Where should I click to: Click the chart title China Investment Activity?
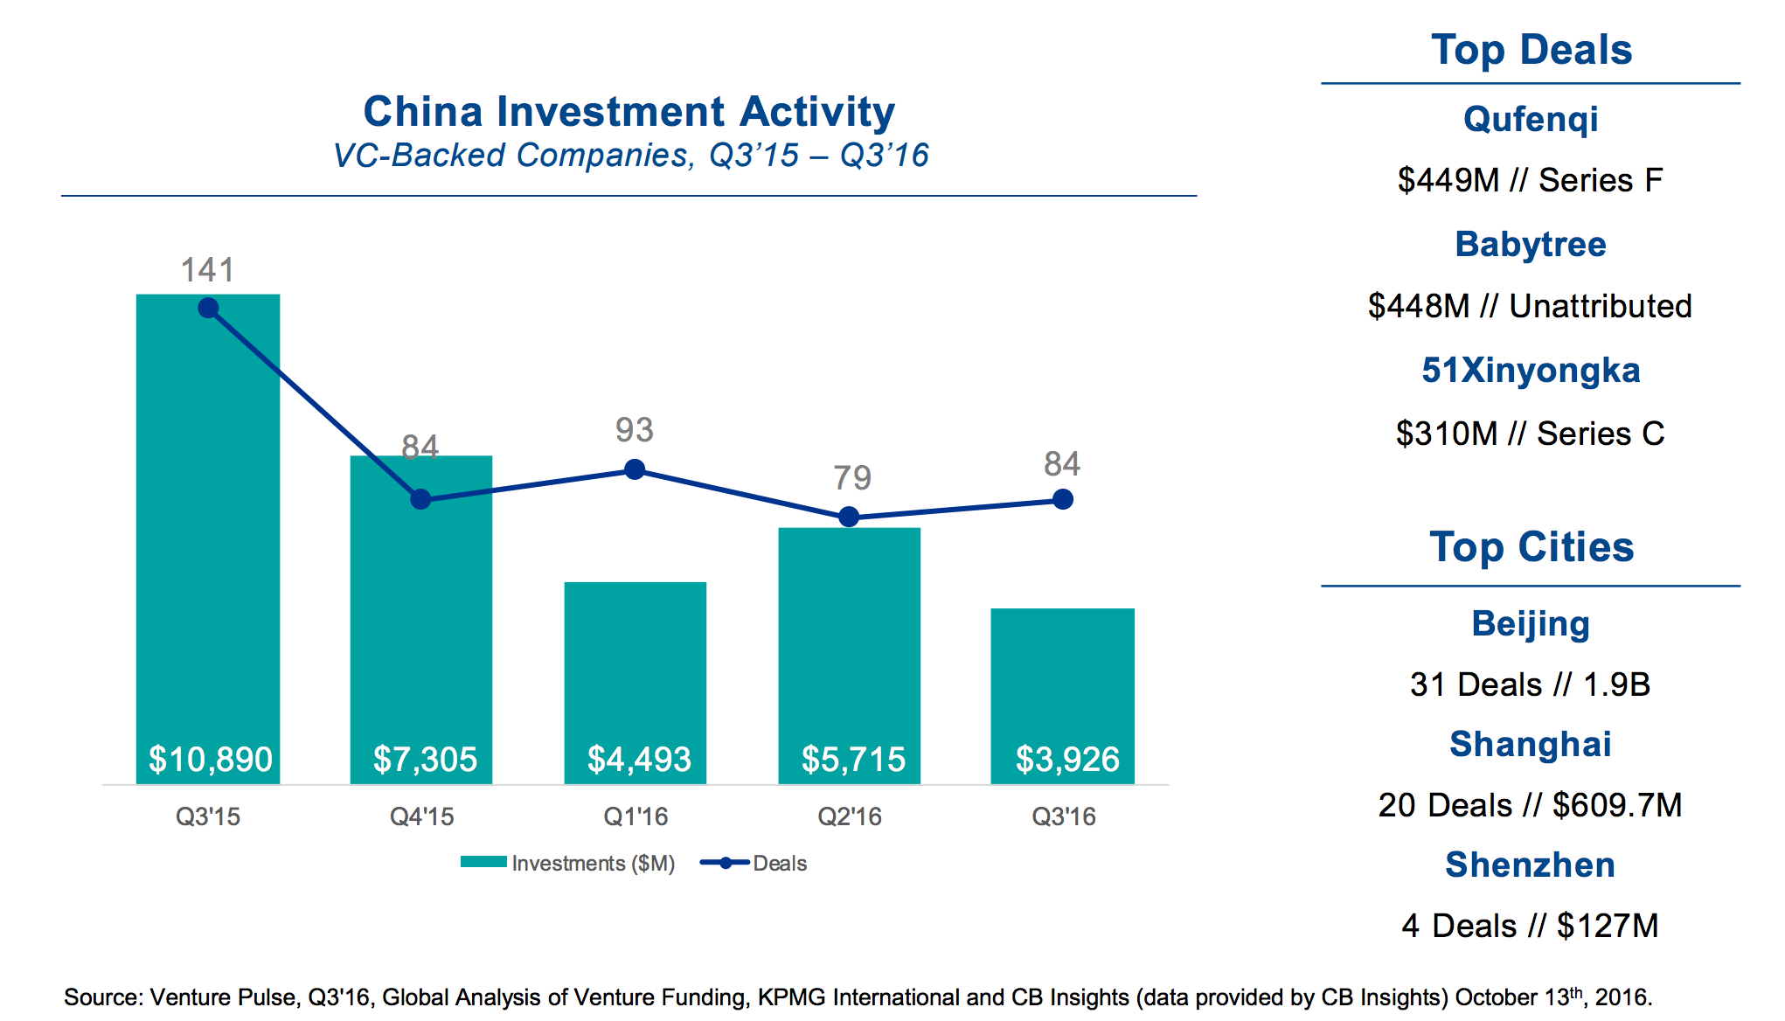tap(629, 112)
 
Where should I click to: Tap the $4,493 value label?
tap(639, 759)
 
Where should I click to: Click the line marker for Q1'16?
tap(636, 470)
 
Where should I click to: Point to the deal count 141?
tap(208, 270)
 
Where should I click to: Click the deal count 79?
tap(851, 478)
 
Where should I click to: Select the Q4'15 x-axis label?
tap(421, 816)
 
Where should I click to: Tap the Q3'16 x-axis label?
tap(1063, 816)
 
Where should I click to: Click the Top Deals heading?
tap(1531, 50)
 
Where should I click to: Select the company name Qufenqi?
tap(1531, 119)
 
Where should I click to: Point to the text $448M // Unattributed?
tap(1530, 306)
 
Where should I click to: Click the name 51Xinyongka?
tap(1531, 370)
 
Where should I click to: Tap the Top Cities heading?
tap(1531, 547)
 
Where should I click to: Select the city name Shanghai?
tap(1530, 744)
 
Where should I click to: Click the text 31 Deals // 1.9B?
tap(1530, 684)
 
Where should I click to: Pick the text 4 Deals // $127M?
tap(1530, 926)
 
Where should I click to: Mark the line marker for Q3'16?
tap(1063, 499)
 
